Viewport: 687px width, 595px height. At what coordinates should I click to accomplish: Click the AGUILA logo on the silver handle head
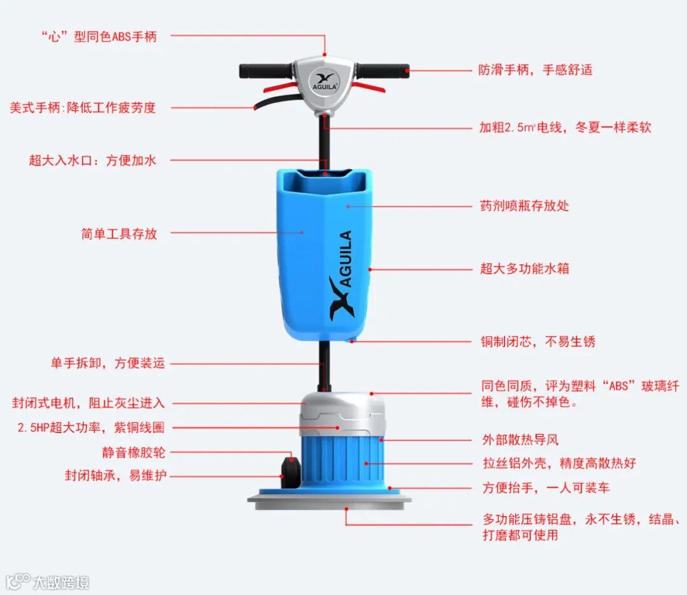pos(324,82)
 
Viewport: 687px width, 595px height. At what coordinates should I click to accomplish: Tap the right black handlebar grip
pos(384,71)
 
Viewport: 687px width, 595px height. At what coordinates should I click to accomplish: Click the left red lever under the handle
pos(279,86)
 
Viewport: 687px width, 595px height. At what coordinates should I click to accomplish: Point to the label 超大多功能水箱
pos(524,268)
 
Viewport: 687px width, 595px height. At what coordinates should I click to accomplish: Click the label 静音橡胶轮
pos(134,452)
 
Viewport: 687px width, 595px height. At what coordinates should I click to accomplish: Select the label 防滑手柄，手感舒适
pos(535,70)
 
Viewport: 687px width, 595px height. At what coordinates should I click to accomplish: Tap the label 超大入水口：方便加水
pos(92,160)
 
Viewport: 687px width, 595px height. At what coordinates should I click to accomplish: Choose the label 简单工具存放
pos(119,233)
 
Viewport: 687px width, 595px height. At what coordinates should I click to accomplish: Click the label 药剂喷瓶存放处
pos(524,205)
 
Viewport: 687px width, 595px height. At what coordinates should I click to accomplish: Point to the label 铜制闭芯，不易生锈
pos(538,341)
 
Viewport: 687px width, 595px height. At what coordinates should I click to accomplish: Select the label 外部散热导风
pos(520,439)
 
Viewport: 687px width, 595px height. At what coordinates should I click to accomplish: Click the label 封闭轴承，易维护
pos(116,475)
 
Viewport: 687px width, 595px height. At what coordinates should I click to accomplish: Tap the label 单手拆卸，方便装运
pos(108,363)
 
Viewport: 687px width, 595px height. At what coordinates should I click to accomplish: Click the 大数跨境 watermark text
pos(61,583)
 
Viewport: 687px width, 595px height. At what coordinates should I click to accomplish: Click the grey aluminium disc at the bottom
pos(330,502)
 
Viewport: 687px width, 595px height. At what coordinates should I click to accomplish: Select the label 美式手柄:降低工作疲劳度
pos(83,107)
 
